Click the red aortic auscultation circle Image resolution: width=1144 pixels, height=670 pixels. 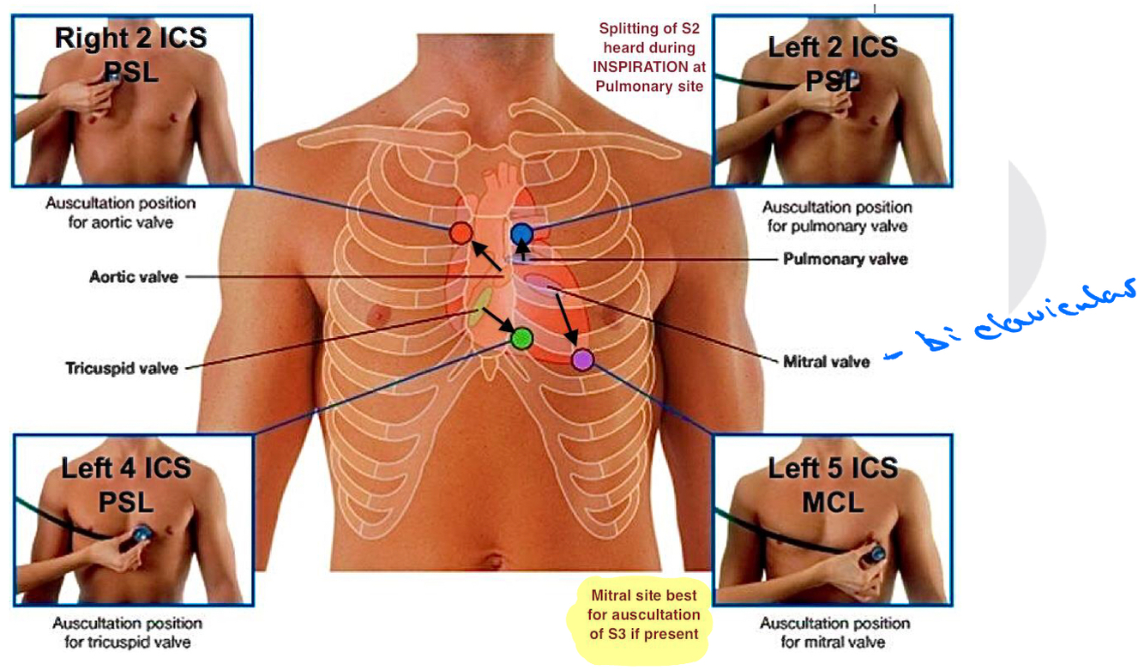461,232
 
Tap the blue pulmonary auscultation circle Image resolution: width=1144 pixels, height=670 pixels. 521,233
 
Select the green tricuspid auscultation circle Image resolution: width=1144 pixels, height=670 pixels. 521,338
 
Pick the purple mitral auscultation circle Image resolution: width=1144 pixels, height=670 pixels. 582,359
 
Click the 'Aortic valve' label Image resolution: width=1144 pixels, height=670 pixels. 134,277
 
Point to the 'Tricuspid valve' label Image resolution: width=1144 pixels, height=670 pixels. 122,369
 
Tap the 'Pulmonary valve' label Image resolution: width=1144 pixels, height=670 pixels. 845,258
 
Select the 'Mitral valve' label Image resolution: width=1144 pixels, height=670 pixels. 826,361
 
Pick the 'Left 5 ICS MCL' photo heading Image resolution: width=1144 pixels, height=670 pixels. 833,484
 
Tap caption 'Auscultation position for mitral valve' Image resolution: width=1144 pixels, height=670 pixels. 834,632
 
